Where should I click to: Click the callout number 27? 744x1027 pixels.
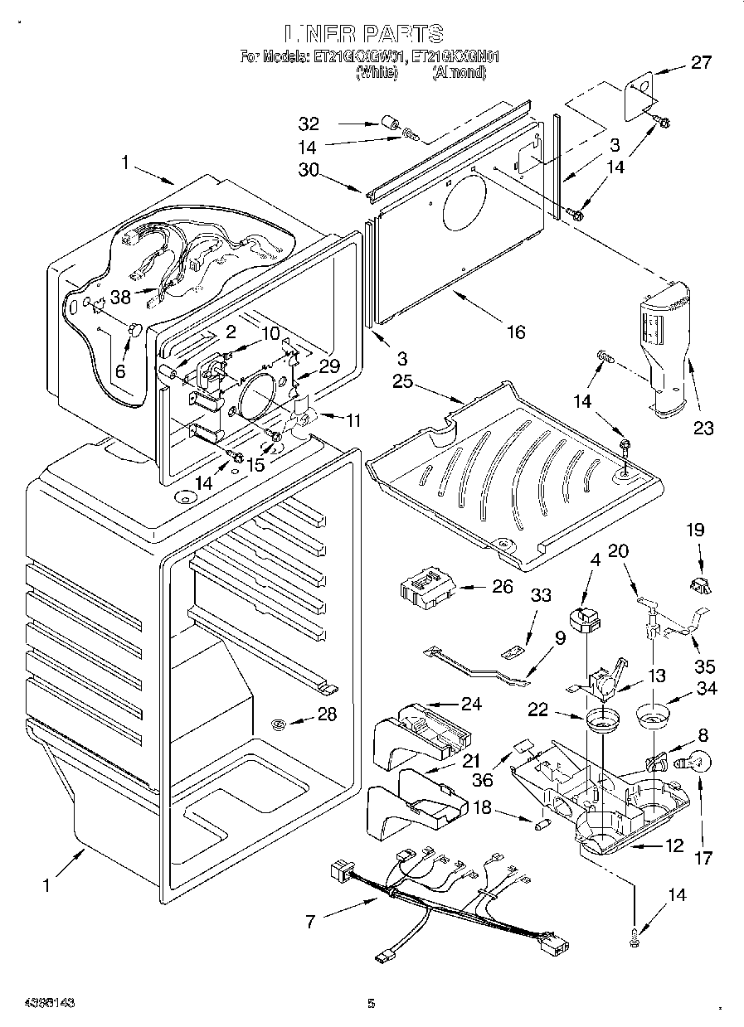pyautogui.click(x=702, y=62)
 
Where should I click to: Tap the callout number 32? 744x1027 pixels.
pyautogui.click(x=309, y=125)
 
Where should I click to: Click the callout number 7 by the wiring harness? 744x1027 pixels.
pyautogui.click(x=312, y=921)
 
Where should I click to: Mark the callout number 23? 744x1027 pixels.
pyautogui.click(x=704, y=428)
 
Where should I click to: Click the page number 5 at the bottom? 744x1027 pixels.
pyautogui.click(x=371, y=1004)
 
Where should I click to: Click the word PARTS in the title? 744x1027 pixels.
pyautogui.click(x=400, y=33)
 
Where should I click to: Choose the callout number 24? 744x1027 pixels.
pyautogui.click(x=471, y=705)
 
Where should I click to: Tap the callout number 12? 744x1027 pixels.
pyautogui.click(x=673, y=845)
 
